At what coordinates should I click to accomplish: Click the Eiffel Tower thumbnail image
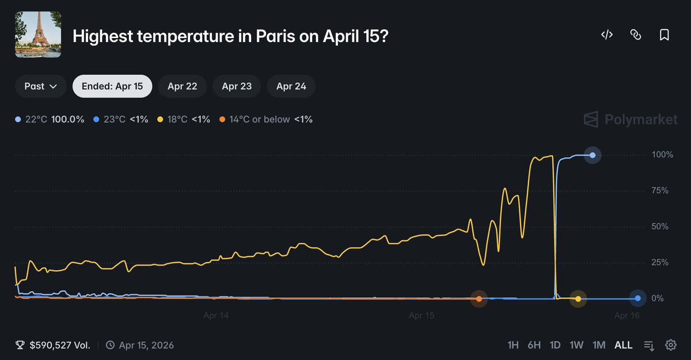tap(38, 35)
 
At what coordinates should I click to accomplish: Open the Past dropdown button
tap(40, 86)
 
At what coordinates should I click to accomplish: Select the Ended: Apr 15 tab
tap(112, 86)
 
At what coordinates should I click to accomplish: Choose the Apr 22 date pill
tap(183, 86)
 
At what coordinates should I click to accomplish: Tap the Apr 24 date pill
tap(291, 86)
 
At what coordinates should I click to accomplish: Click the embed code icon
tap(606, 35)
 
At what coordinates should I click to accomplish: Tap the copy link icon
tap(635, 35)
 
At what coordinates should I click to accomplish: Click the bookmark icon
tap(664, 35)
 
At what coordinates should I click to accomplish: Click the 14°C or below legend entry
tap(265, 119)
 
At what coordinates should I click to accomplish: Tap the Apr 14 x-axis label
tap(216, 316)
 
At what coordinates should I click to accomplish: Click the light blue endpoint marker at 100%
tap(593, 155)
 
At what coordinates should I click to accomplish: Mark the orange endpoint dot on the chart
tap(479, 298)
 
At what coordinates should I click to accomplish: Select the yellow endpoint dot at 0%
tap(578, 298)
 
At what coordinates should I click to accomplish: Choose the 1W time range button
tap(576, 345)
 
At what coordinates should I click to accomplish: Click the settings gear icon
tap(670, 345)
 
